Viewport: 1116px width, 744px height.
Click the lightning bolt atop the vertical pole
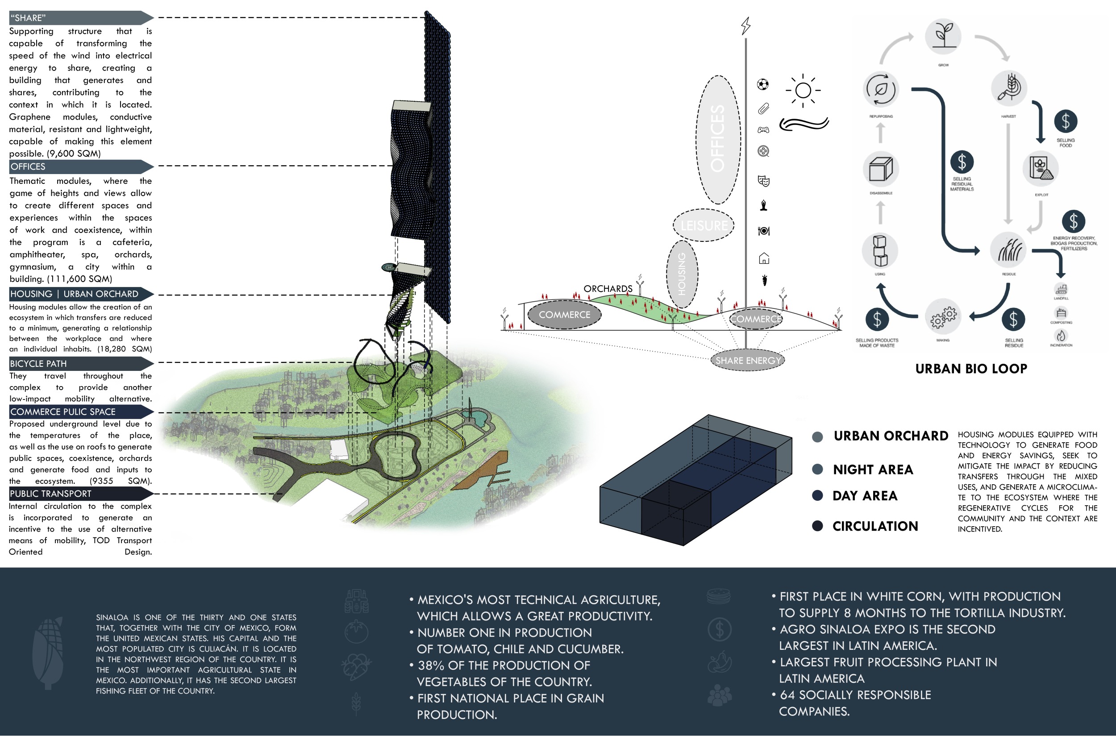click(x=746, y=25)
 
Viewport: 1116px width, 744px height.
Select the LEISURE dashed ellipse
click(x=704, y=225)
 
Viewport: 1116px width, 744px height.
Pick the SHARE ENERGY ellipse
click(x=748, y=361)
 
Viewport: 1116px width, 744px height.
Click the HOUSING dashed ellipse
click(x=682, y=274)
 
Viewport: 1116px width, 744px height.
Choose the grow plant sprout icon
click(x=943, y=36)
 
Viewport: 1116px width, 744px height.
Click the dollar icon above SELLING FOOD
click(x=1066, y=121)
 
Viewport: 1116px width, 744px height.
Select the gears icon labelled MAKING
click(x=943, y=316)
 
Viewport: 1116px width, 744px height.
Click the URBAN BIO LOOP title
click(x=971, y=369)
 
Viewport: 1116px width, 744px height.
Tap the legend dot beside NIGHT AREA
click(x=817, y=469)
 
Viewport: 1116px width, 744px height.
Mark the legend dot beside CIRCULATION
click(x=817, y=526)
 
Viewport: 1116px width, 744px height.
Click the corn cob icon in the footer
click(x=48, y=653)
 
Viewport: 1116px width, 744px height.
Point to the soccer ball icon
click(x=762, y=84)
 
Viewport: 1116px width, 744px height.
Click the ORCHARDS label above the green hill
click(x=608, y=288)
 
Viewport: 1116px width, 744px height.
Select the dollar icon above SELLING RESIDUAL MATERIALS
click(x=962, y=162)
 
